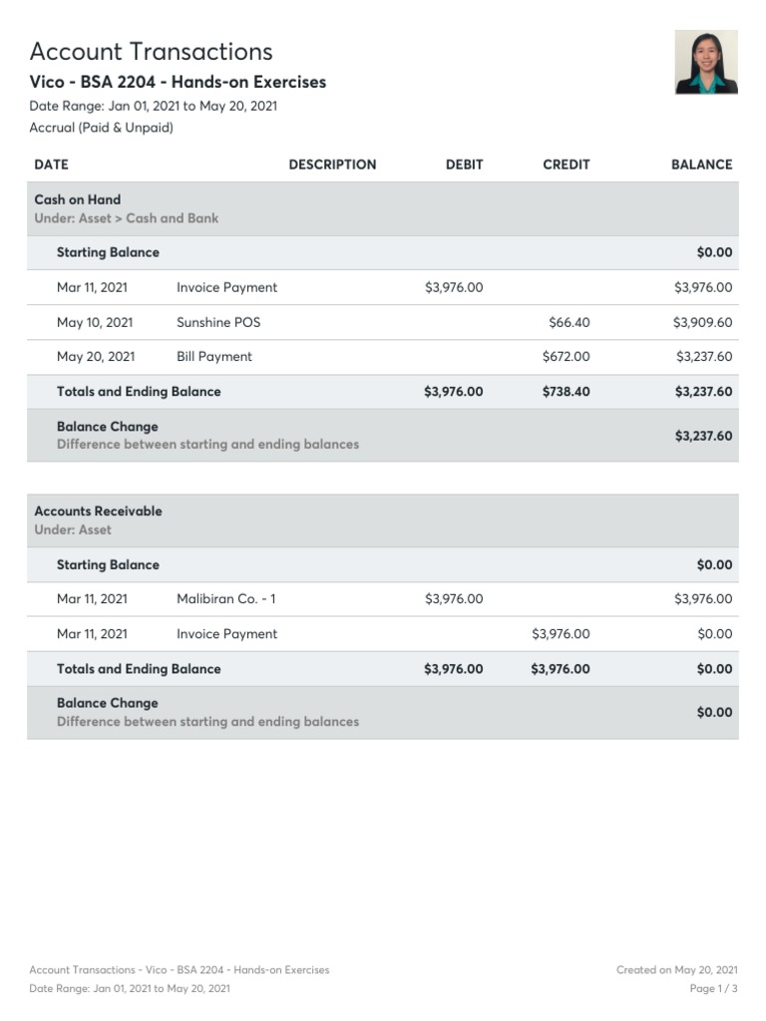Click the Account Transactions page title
pyautogui.click(x=151, y=52)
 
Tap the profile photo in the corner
pyautogui.click(x=706, y=62)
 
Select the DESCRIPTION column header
pyautogui.click(x=332, y=165)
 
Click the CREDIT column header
pyautogui.click(x=566, y=165)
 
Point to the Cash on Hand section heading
pyautogui.click(x=77, y=199)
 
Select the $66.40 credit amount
pyautogui.click(x=569, y=322)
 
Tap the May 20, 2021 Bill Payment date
pyautogui.click(x=96, y=357)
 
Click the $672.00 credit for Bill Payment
pyautogui.click(x=566, y=357)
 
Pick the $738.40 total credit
pyautogui.click(x=566, y=392)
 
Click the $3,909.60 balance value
pyautogui.click(x=702, y=322)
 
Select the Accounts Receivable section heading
pyautogui.click(x=98, y=511)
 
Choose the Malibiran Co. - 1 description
pyautogui.click(x=226, y=599)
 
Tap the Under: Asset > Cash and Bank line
pyautogui.click(x=127, y=218)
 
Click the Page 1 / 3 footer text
pyautogui.click(x=713, y=988)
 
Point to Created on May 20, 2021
pyautogui.click(x=676, y=969)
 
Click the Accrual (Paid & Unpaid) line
pyautogui.click(x=101, y=128)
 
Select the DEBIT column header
pyautogui.click(x=464, y=165)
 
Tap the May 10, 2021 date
pyautogui.click(x=95, y=322)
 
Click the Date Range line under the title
pyautogui.click(x=153, y=106)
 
